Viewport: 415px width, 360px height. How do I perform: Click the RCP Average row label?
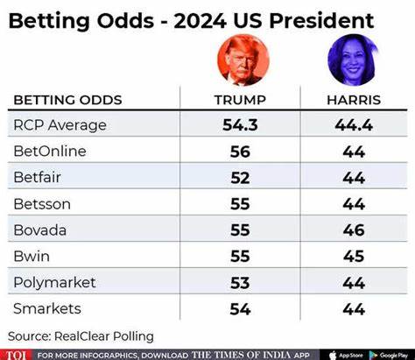pos(60,125)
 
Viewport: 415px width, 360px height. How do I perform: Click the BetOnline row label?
pos(50,152)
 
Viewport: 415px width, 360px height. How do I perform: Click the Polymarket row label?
pos(55,282)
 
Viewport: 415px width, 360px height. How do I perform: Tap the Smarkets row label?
pos(48,308)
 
